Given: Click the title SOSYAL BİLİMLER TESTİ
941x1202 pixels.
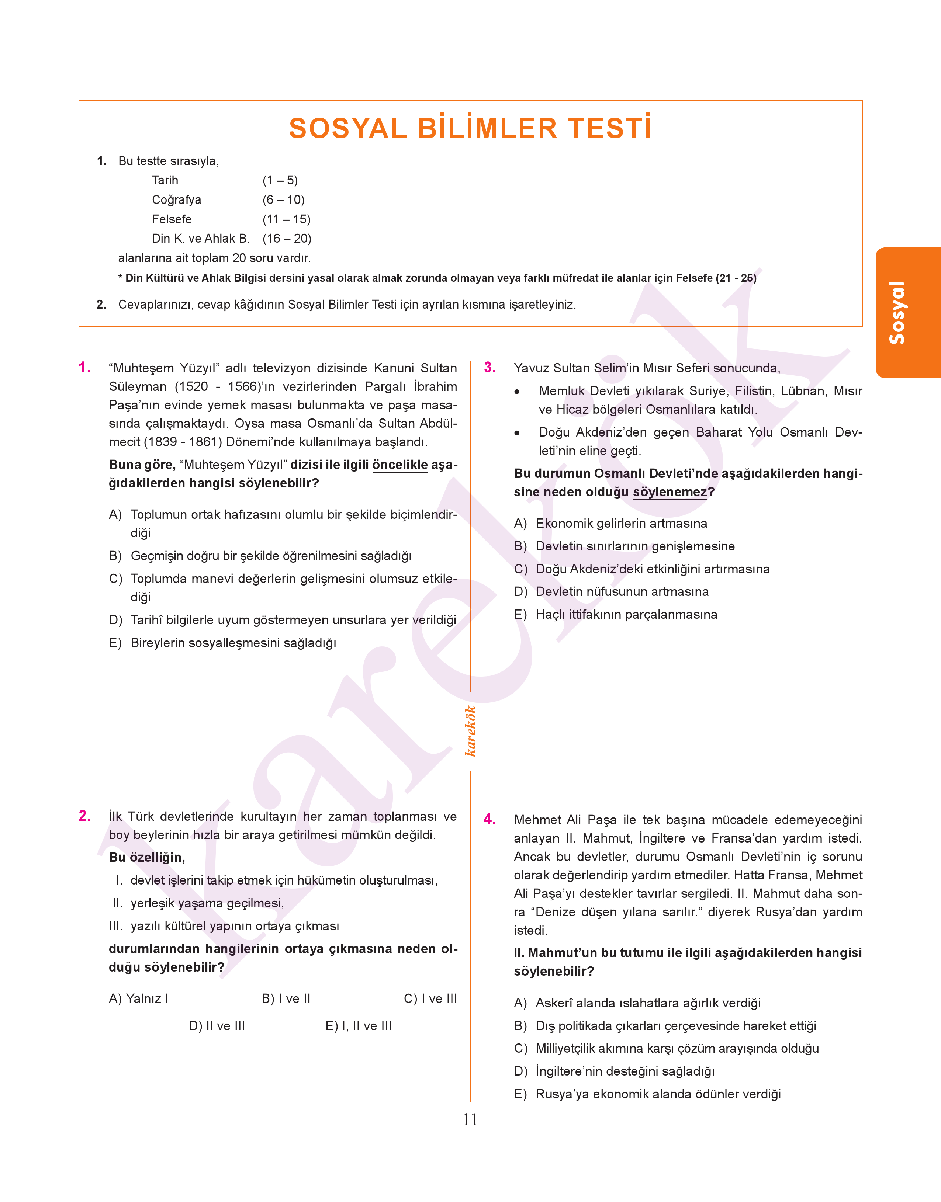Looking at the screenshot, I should [x=470, y=128].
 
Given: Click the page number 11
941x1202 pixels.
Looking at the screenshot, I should [x=470, y=1119].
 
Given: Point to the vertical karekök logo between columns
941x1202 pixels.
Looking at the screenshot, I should [x=470, y=731].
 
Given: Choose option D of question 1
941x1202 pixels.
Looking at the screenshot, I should [x=283, y=620].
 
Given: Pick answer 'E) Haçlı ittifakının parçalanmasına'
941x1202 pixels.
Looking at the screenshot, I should [x=615, y=615].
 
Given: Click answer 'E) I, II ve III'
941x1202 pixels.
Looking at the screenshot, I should [x=358, y=1026].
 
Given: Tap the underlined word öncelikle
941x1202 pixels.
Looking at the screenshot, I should [x=400, y=465].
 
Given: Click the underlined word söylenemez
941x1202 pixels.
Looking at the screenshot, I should [x=670, y=492].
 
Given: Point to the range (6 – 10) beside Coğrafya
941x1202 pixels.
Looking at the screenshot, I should [x=283, y=200].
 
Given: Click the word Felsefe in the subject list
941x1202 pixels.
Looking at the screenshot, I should [x=172, y=219].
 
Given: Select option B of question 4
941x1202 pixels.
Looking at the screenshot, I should [x=665, y=1026].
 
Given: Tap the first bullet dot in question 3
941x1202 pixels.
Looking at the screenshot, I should [x=517, y=392].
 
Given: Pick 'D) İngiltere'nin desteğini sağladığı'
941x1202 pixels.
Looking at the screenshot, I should [x=614, y=1071].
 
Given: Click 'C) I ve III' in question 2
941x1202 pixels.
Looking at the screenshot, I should [x=430, y=999].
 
